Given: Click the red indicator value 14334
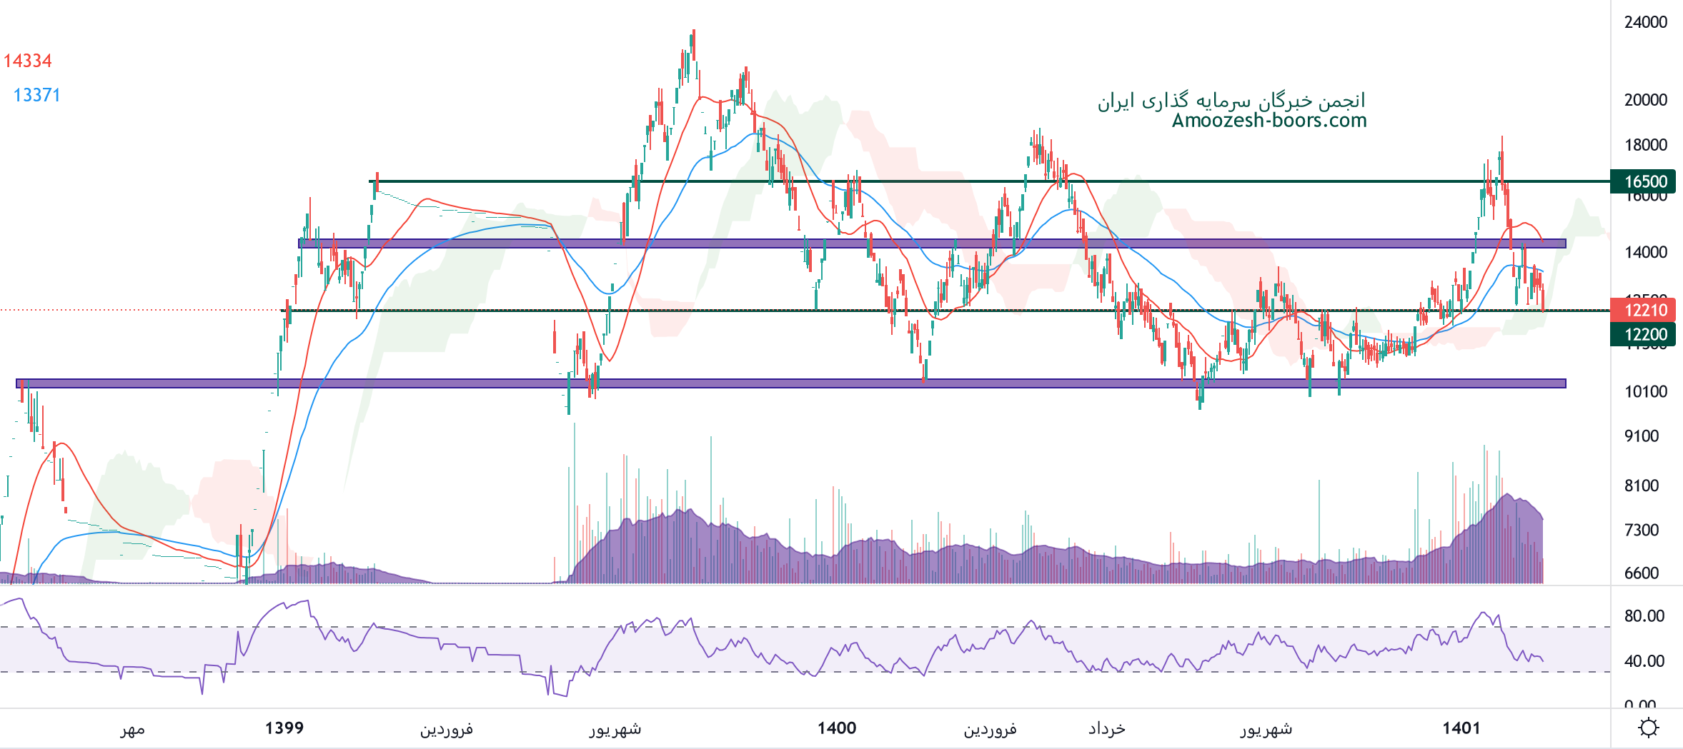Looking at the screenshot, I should click(x=28, y=61).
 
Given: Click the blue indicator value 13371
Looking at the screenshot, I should click(x=36, y=95).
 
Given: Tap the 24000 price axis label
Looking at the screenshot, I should click(x=1646, y=22).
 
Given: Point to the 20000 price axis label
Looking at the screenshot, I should click(x=1646, y=100).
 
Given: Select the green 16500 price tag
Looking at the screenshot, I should click(x=1645, y=181).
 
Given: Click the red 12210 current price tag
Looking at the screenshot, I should click(x=1645, y=310).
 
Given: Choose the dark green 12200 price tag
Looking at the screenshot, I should click(x=1645, y=334).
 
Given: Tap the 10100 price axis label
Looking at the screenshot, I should click(x=1646, y=391).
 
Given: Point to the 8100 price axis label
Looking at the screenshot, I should click(x=1642, y=486).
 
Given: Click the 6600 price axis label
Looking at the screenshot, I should click(x=1642, y=573).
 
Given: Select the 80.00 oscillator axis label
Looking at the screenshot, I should click(x=1644, y=615).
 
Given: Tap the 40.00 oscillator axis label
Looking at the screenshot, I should click(x=1644, y=660).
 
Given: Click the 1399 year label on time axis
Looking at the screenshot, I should click(x=284, y=728).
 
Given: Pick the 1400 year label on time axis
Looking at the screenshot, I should click(x=837, y=728).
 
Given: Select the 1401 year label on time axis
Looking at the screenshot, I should click(x=1461, y=728).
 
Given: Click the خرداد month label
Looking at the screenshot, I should click(x=1106, y=728).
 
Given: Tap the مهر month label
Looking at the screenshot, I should click(x=132, y=728).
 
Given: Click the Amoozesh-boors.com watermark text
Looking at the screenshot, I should click(x=1269, y=120).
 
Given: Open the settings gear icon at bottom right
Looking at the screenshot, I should click(x=1649, y=728).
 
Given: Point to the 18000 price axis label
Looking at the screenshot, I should click(x=1646, y=145).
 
